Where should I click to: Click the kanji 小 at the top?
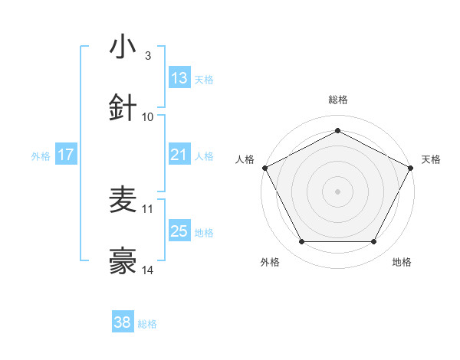(x=123, y=48)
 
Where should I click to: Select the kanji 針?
(x=123, y=108)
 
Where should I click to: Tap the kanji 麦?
(x=123, y=201)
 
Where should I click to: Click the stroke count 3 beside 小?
(x=148, y=56)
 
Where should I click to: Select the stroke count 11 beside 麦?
(x=148, y=208)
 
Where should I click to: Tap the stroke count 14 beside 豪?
(x=148, y=270)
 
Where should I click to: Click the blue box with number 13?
(x=179, y=78)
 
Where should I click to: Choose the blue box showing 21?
(x=179, y=155)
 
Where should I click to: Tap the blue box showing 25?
(x=179, y=231)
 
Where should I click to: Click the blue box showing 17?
(x=66, y=155)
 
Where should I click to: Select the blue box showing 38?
(x=123, y=323)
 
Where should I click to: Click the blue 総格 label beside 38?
(x=147, y=324)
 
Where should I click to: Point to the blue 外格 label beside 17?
(x=41, y=155)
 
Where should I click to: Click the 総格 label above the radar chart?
(x=337, y=100)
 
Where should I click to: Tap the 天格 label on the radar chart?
(x=431, y=159)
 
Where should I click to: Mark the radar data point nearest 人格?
(x=264, y=167)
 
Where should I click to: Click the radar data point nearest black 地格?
(x=373, y=241)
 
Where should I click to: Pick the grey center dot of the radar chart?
(x=337, y=191)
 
